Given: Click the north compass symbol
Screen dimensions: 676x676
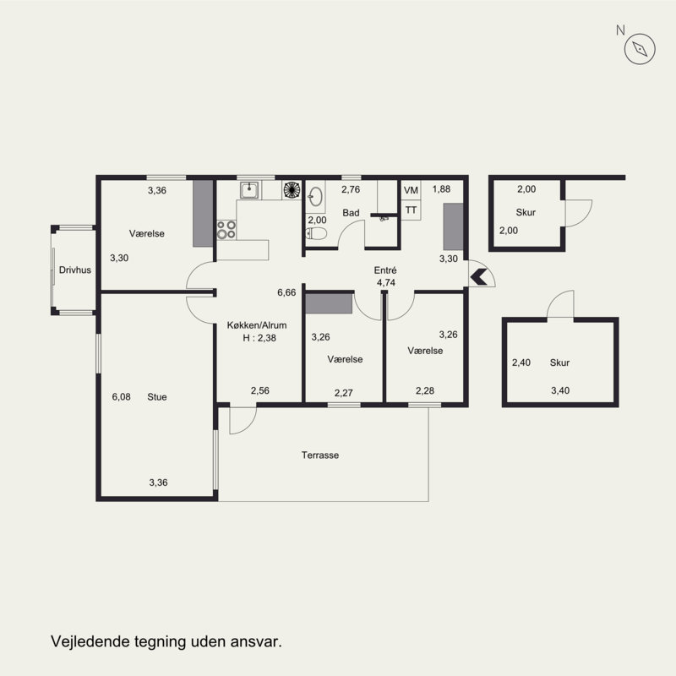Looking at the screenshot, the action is [640, 49].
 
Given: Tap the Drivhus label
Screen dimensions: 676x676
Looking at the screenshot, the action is [75, 270].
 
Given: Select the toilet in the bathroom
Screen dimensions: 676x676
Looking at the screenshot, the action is [316, 234].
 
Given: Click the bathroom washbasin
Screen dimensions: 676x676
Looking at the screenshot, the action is [315, 197].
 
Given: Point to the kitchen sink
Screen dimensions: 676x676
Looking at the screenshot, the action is [249, 190].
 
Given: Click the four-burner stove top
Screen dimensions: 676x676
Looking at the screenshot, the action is [226, 230].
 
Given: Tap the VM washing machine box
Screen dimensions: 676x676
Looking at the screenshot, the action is [411, 190].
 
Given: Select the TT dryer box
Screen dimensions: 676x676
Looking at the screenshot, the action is [411, 210].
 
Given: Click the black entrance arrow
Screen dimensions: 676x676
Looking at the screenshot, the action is [478, 277].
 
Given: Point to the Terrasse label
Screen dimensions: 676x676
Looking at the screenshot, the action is [320, 455].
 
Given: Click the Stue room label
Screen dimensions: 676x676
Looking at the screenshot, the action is [157, 396].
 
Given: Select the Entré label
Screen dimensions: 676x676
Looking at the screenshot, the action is [385, 270].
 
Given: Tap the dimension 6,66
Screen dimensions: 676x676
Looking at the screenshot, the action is [286, 292].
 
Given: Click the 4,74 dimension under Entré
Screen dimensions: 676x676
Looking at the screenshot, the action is [386, 283].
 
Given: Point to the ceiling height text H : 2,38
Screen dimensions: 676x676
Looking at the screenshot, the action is [259, 338].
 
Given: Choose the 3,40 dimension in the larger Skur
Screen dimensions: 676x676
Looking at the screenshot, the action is [560, 390].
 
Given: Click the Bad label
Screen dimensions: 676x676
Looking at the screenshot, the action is [351, 213].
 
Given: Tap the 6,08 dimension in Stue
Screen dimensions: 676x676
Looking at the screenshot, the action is [121, 396].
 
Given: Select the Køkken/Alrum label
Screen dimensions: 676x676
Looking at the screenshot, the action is [257, 325].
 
